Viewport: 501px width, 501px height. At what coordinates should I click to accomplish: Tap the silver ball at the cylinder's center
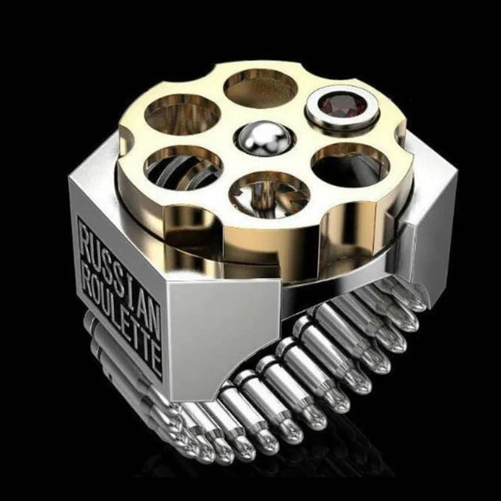click(265, 138)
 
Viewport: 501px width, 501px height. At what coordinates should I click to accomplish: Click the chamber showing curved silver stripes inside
click(183, 168)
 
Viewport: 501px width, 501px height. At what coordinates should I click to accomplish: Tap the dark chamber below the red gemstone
click(350, 165)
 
